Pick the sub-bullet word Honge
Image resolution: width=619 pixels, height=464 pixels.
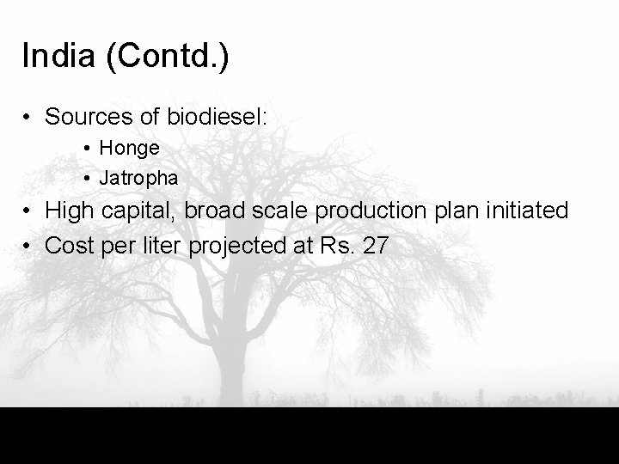point(130,148)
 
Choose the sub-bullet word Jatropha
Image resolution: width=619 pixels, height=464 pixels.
point(139,179)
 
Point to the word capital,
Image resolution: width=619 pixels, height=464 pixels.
point(138,211)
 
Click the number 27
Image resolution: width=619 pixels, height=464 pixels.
point(376,246)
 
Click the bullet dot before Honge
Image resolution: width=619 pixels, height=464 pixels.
point(89,149)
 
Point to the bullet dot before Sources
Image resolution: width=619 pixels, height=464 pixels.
point(28,116)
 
